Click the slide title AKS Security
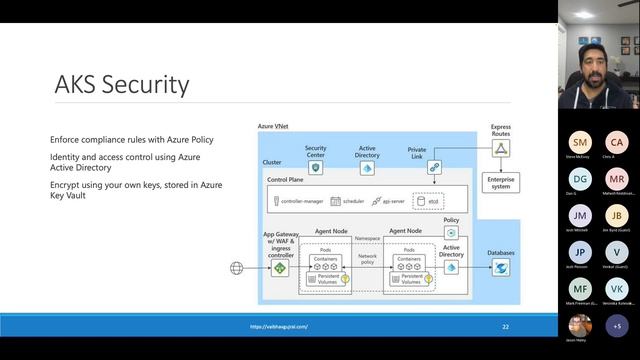click(122, 85)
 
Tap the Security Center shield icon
click(315, 169)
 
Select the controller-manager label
click(296, 201)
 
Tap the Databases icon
click(501, 268)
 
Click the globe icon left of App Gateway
click(237, 268)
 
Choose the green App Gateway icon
click(282, 268)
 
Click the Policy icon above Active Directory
click(452, 232)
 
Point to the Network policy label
click(366, 259)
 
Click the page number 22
click(506, 326)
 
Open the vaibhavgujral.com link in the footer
click(279, 326)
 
